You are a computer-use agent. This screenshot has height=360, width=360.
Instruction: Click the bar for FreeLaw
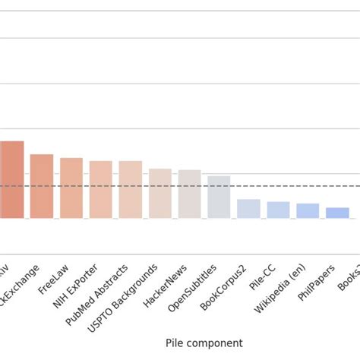tap(71, 188)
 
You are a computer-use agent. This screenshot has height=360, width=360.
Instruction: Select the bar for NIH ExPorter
tap(101, 190)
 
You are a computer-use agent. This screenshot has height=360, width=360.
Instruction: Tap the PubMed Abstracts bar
tap(131, 190)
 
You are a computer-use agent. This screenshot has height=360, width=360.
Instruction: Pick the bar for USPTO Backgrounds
tap(160, 194)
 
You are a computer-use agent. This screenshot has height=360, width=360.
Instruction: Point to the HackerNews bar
tap(190, 194)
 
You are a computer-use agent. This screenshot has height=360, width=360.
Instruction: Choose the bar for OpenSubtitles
tap(219, 197)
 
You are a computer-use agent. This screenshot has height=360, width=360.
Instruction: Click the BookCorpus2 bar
tap(248, 209)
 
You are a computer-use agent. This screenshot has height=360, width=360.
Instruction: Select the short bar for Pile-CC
tap(278, 210)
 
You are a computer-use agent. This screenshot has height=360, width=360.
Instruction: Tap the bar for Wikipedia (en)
tap(308, 211)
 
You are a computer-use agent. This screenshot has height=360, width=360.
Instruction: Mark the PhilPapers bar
tap(337, 213)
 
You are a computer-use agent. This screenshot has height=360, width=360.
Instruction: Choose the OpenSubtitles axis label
tap(193, 287)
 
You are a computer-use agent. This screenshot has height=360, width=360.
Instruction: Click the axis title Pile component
tap(204, 343)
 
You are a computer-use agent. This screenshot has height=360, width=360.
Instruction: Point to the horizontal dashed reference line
tap(228, 186)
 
